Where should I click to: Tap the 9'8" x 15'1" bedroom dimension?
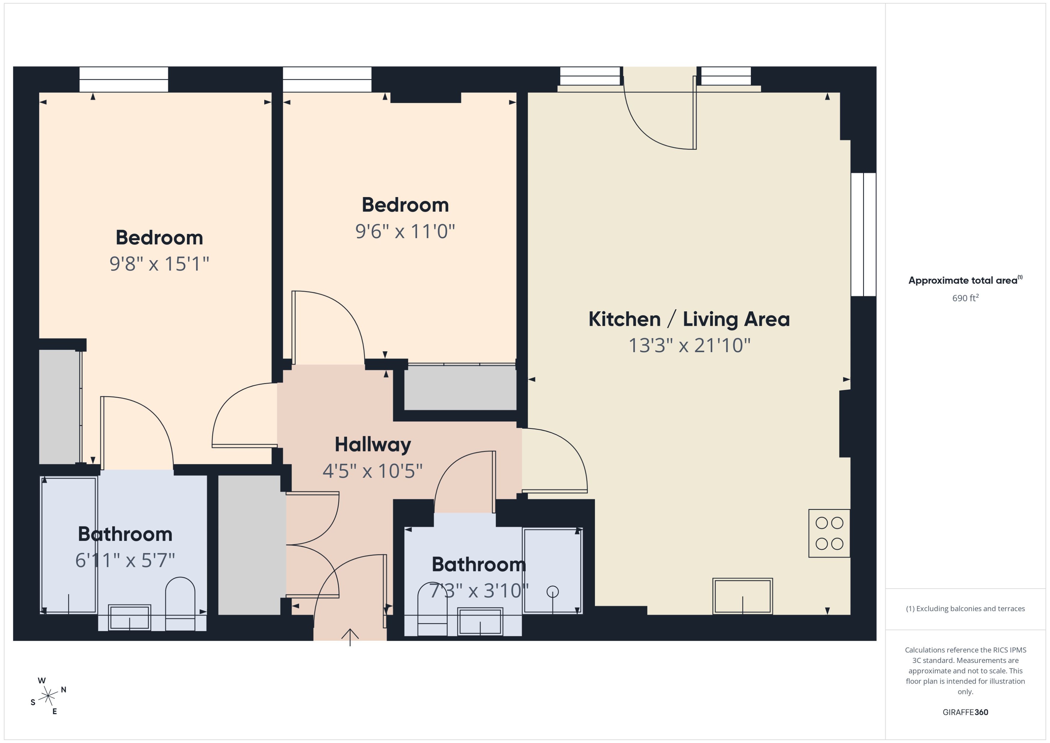(x=159, y=264)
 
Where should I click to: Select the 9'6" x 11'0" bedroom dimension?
(x=405, y=232)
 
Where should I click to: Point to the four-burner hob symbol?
(x=829, y=533)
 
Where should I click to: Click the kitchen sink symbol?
(x=742, y=596)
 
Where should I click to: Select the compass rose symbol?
(x=48, y=696)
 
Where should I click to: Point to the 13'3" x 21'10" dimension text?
(x=689, y=346)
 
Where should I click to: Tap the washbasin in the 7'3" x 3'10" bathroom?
(x=480, y=621)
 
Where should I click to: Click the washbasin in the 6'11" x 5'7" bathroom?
(x=130, y=617)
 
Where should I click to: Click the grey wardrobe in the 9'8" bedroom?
(x=59, y=406)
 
